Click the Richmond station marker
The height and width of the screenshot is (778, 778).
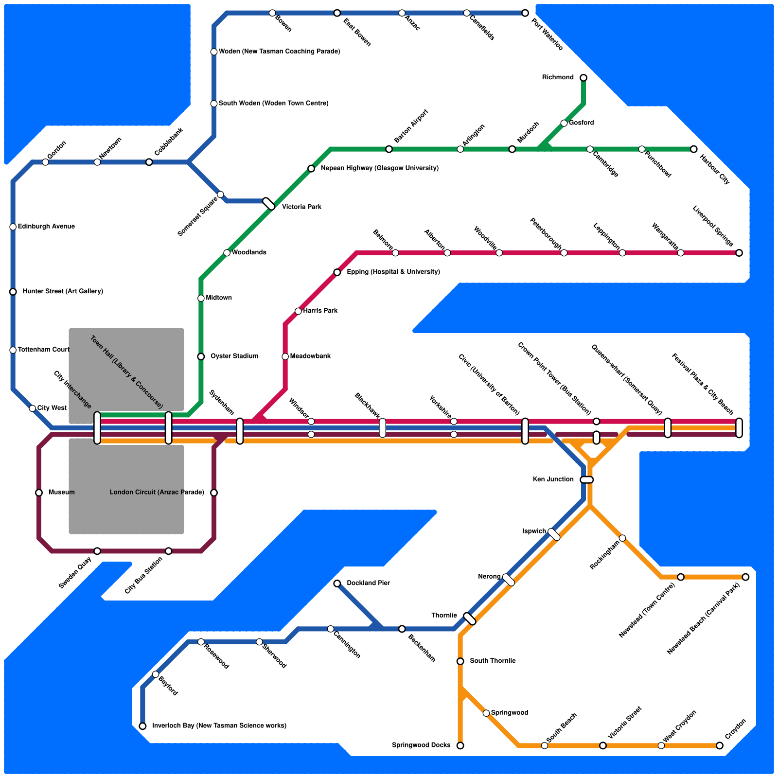click(x=583, y=78)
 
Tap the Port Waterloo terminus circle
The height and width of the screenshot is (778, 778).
click(x=525, y=13)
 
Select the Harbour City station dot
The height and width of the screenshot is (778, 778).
click(x=693, y=149)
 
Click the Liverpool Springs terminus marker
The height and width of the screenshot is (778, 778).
click(x=739, y=253)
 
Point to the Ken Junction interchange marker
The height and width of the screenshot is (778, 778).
click(x=587, y=480)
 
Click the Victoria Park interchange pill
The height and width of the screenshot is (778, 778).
click(x=269, y=204)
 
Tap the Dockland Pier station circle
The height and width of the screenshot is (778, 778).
click(x=337, y=583)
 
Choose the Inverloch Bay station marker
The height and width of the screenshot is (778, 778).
click(x=142, y=726)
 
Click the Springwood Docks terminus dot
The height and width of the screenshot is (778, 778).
click(x=460, y=745)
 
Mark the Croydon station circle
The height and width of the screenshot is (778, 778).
click(x=719, y=745)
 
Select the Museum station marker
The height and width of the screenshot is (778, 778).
click(x=39, y=493)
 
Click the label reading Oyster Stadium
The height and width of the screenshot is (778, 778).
click(x=234, y=356)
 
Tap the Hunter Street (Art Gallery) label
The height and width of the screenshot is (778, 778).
click(x=63, y=292)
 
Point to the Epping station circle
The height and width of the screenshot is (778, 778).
click(x=337, y=272)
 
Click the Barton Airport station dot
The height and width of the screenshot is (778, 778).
click(x=389, y=149)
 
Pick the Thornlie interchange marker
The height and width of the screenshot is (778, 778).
click(x=470, y=619)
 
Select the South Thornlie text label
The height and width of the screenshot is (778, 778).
click(x=493, y=661)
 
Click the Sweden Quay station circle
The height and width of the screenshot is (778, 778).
click(x=97, y=551)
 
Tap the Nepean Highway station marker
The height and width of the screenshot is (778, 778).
click(x=311, y=169)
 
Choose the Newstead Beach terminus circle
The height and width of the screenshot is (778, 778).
click(x=745, y=577)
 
